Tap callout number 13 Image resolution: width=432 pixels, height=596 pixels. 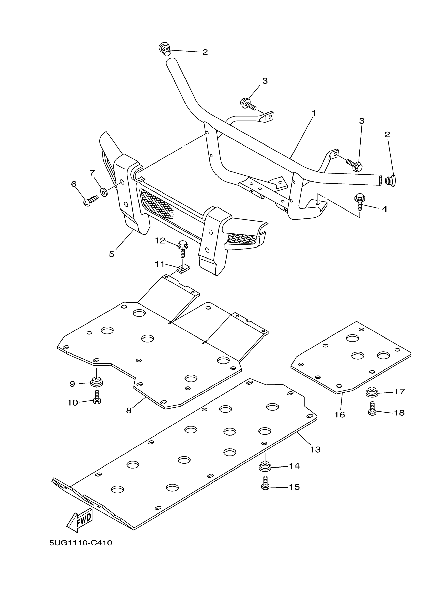click(315, 450)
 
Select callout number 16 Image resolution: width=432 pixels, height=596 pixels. click(340, 415)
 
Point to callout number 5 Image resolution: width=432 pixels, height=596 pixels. click(112, 254)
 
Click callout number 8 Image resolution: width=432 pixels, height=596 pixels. click(129, 410)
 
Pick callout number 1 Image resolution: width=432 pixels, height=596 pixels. click(313, 113)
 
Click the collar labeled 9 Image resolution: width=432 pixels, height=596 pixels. click(97, 382)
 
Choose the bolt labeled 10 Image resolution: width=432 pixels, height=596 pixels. click(97, 401)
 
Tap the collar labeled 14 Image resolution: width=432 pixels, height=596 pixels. click(265, 466)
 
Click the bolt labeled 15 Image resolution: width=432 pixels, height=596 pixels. click(265, 486)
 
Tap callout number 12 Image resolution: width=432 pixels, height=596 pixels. click(160, 240)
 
